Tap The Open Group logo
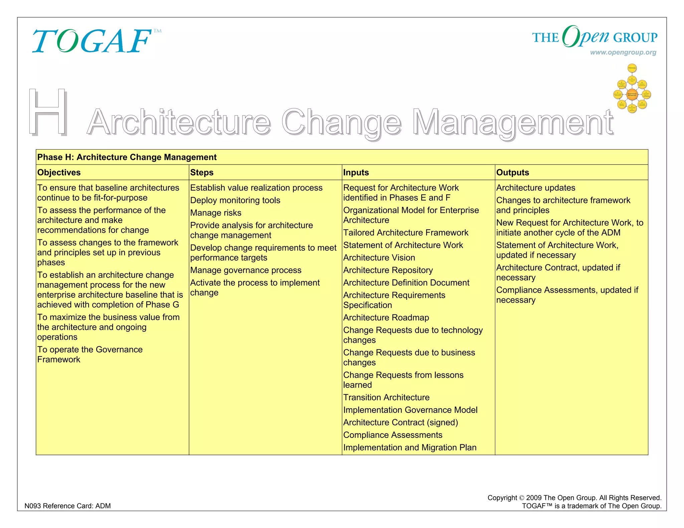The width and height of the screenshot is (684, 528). click(594, 37)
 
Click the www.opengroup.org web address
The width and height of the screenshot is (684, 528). click(623, 52)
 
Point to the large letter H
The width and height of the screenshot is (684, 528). click(48, 112)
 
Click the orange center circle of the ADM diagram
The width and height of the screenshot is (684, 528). click(632, 94)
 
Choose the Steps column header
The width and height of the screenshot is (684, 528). click(202, 173)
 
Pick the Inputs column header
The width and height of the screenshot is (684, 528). click(356, 173)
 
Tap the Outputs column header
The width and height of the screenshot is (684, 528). click(513, 173)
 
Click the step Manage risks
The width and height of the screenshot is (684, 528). click(216, 213)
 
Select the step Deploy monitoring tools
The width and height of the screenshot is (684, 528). click(235, 200)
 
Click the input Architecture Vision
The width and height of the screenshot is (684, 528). click(379, 258)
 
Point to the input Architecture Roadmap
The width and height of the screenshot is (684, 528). click(386, 318)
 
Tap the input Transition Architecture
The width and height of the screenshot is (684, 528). click(386, 398)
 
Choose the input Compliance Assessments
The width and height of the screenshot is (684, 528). click(393, 435)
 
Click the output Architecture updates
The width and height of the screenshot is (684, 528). click(536, 188)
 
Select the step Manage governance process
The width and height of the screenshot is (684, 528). click(246, 270)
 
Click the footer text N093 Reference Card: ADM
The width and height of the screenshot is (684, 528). click(67, 506)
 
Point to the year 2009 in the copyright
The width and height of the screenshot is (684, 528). click(534, 498)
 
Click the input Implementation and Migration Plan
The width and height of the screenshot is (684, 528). click(410, 448)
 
